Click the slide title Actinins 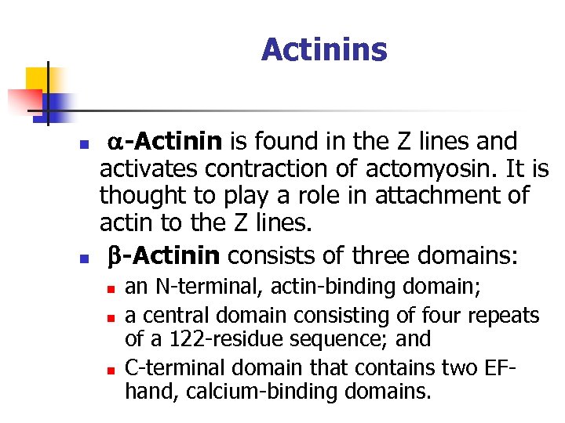click(x=324, y=49)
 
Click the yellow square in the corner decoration click(x=37, y=78)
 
